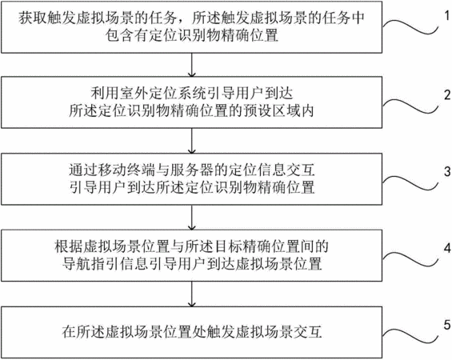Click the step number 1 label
(x=447, y=16)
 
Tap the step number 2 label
(x=447, y=95)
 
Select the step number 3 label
(x=447, y=171)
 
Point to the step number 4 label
(x=447, y=248)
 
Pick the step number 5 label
(x=447, y=325)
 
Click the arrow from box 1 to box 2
(x=192, y=65)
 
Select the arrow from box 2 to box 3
(x=192, y=141)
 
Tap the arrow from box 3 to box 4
(x=192, y=218)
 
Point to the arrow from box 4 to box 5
(x=192, y=294)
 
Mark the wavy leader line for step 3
(x=410, y=182)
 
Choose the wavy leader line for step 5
(x=410, y=335)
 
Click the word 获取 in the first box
(x=32, y=18)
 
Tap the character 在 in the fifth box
(x=69, y=332)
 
